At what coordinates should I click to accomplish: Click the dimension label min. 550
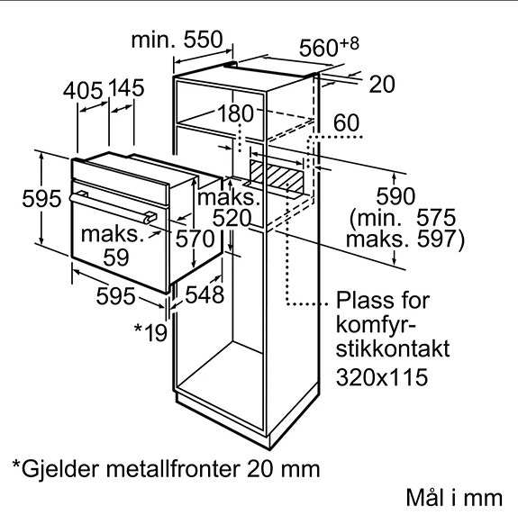(x=177, y=40)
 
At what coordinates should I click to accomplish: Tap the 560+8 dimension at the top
(x=329, y=47)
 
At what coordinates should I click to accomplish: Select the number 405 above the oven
(x=83, y=91)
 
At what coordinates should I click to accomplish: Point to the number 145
(x=126, y=88)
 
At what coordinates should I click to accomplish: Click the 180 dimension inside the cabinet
(x=235, y=113)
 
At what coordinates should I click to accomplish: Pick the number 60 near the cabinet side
(x=346, y=122)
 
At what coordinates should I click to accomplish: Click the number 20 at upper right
(x=382, y=85)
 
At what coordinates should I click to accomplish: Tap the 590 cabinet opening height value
(x=395, y=196)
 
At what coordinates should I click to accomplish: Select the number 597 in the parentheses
(x=437, y=239)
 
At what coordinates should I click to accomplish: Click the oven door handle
(x=114, y=208)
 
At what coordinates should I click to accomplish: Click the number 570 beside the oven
(x=195, y=239)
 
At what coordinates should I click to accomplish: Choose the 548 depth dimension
(x=204, y=294)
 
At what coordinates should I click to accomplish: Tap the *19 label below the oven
(x=150, y=333)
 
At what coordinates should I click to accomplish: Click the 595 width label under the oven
(x=115, y=296)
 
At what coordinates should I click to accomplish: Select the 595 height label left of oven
(x=41, y=199)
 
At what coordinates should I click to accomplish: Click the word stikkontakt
(x=393, y=348)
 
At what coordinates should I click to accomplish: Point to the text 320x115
(x=382, y=377)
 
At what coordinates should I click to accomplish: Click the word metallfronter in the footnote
(x=173, y=468)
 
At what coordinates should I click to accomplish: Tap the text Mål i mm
(x=455, y=497)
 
